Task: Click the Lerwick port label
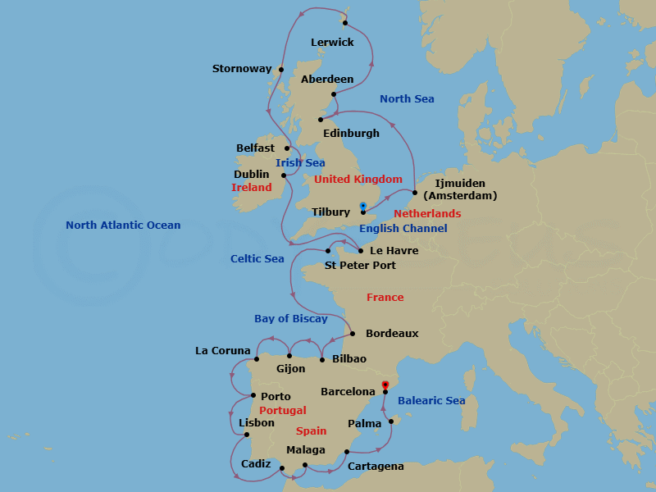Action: click(x=332, y=42)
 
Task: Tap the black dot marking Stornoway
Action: click(x=281, y=70)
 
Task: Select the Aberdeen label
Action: click(x=327, y=80)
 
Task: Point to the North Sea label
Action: click(x=407, y=99)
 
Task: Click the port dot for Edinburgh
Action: click(x=320, y=121)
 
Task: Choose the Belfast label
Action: click(x=255, y=148)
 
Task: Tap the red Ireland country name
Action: click(x=252, y=188)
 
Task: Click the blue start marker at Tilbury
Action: click(x=363, y=206)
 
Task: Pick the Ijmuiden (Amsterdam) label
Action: click(x=460, y=189)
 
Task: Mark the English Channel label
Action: click(x=403, y=229)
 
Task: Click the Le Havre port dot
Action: click(x=361, y=250)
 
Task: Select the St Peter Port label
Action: click(x=360, y=266)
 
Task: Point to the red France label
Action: click(x=385, y=298)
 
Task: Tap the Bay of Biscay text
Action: click(x=290, y=319)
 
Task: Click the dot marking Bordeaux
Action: click(x=352, y=334)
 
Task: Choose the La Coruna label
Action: click(x=222, y=351)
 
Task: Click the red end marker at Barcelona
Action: click(x=385, y=383)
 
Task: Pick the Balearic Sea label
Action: click(x=431, y=401)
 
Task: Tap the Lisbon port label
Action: click(x=257, y=423)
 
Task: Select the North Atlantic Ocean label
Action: click(x=123, y=225)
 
